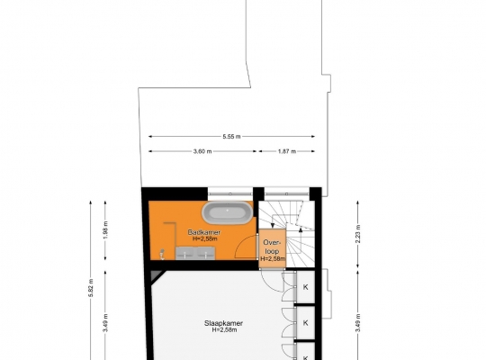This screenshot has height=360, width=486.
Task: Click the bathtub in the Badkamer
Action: click(227, 212)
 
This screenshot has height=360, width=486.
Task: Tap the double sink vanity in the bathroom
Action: click(195, 253)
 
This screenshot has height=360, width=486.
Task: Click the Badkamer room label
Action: click(204, 232)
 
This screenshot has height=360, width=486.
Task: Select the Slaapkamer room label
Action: click(223, 323)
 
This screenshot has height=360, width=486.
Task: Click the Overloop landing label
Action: click(272, 247)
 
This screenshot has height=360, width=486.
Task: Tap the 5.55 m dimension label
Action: click(231, 137)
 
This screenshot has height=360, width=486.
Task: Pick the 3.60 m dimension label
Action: click(202, 151)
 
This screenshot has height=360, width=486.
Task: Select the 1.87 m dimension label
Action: click(287, 151)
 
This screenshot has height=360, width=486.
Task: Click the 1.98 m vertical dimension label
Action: click(105, 229)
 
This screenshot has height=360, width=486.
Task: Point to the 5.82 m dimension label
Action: click(91, 288)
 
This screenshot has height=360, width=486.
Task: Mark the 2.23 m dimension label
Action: click(357, 233)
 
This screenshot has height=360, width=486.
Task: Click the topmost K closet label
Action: click(306, 287)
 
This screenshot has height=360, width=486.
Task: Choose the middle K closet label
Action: click(306, 323)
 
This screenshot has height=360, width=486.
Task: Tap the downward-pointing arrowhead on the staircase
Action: click(273, 225)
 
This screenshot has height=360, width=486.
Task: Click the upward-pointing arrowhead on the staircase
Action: click(300, 229)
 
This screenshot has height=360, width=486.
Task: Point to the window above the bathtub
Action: click(230, 193)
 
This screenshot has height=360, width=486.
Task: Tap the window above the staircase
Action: click(287, 193)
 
